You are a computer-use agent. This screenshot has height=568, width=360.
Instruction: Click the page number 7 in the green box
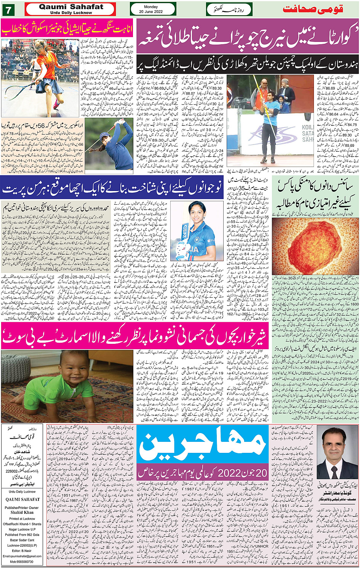click(x=8, y=9)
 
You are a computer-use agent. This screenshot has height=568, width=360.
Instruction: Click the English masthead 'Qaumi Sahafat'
click(x=71, y=7)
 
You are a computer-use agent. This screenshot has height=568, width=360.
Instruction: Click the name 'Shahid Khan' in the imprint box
click(x=22, y=512)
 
